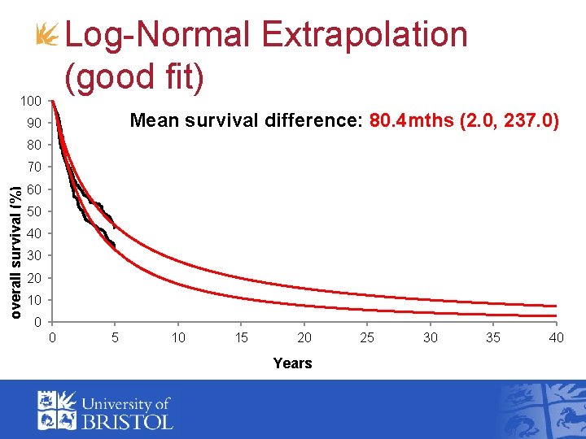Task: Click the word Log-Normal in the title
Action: [158, 35]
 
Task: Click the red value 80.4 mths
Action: [413, 122]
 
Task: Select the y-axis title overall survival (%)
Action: [16, 239]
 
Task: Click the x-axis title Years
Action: [292, 363]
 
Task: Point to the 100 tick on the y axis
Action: [32, 102]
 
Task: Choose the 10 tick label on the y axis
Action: [33, 301]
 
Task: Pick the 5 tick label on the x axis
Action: [115, 337]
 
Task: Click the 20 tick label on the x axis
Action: [304, 337]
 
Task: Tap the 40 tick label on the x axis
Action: [556, 337]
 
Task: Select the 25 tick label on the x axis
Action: [367, 337]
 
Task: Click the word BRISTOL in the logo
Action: [126, 421]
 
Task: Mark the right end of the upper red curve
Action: [555, 306]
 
